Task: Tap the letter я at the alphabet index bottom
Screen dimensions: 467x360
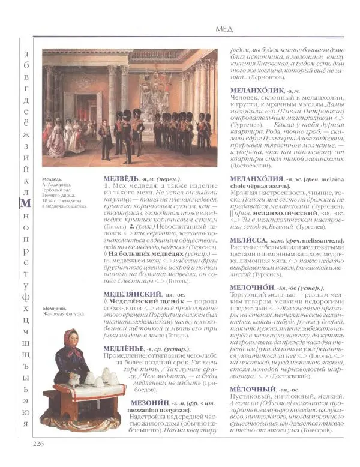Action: click(25, 423)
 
